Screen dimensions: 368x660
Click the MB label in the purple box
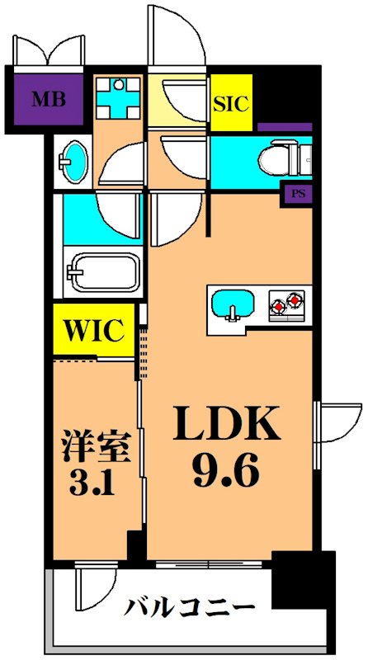coord(50,100)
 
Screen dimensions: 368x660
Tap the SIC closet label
coord(231,104)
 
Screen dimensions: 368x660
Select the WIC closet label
coord(94,331)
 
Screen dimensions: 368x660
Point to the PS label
coord(296,195)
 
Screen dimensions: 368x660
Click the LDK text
coord(227,422)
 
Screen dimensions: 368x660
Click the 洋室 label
coord(94,446)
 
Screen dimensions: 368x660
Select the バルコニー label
coord(191,607)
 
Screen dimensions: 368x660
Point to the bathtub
coord(106,272)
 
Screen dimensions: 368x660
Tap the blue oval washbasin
coord(74,162)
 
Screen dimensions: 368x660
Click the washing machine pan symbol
coord(117,99)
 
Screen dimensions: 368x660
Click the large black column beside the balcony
coord(303,579)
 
